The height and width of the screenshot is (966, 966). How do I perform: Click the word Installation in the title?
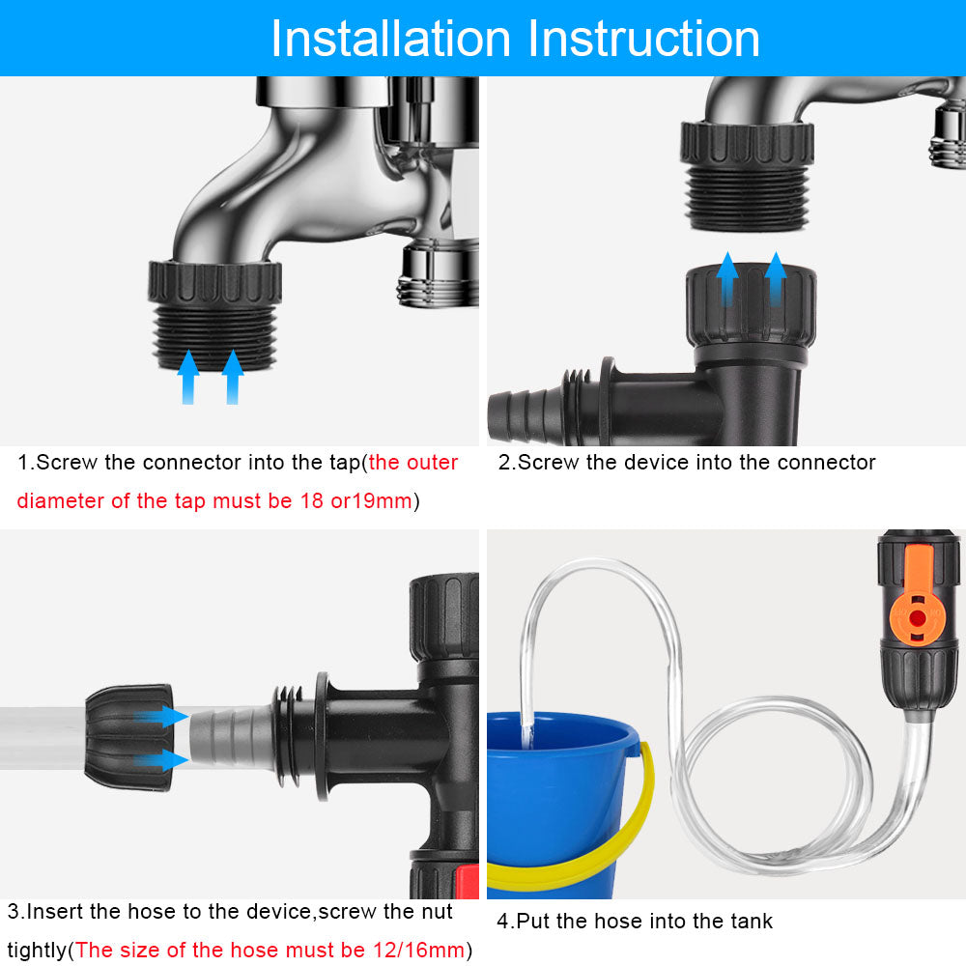(x=391, y=39)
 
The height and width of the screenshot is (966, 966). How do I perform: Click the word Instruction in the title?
(x=644, y=39)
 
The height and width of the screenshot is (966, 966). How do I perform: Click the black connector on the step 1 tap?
(x=214, y=314)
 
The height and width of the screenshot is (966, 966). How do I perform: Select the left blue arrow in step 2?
(x=727, y=279)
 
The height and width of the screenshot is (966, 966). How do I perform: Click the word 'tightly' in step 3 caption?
(x=37, y=949)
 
